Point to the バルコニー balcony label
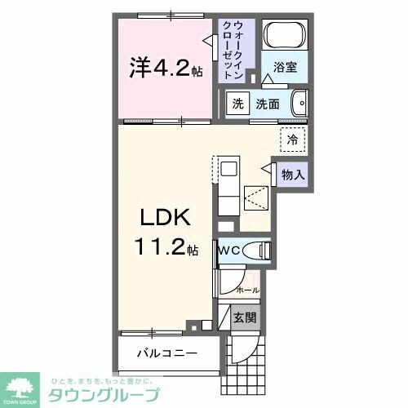pos(167,353)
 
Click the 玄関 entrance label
pos(244,317)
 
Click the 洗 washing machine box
pos(237,104)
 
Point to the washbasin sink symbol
pos(299,104)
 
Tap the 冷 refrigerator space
pos(291,140)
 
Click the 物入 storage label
pos(294,174)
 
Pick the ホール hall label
pos(247,290)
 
